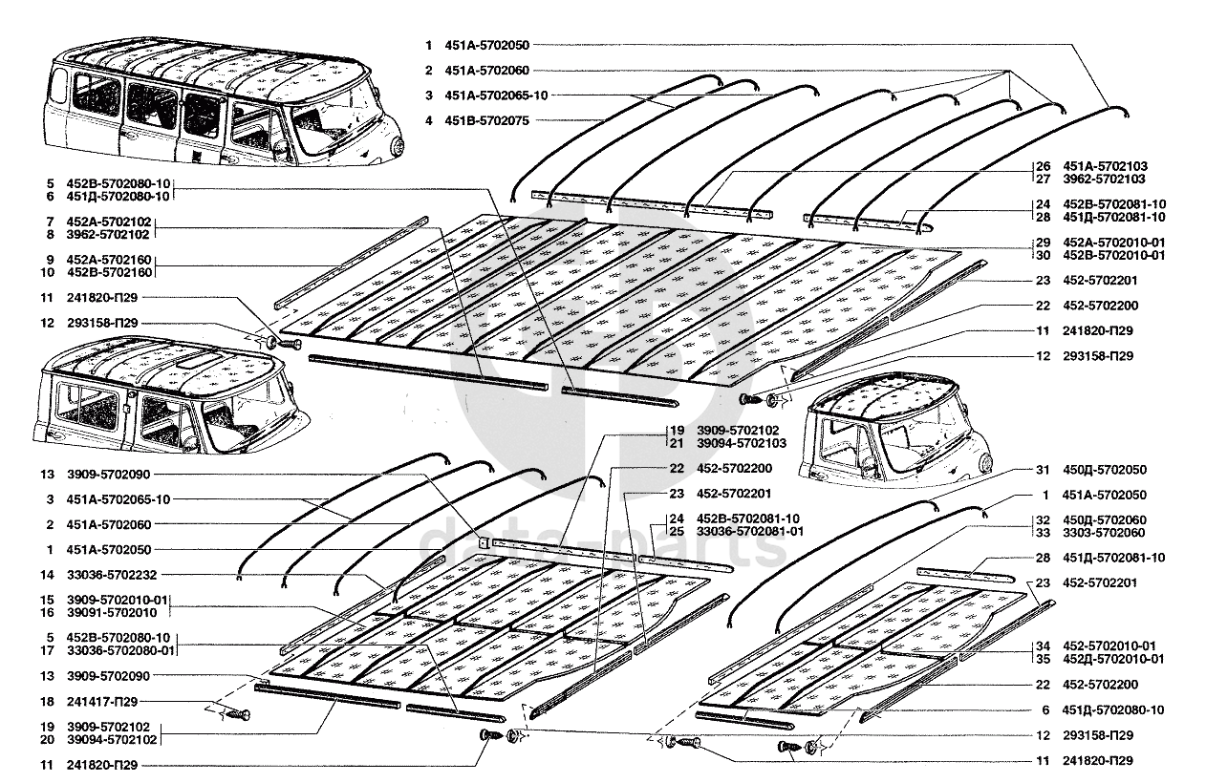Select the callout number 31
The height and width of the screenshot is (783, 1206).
1044,470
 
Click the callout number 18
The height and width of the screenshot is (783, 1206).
47,701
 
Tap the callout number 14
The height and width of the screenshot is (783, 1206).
47,575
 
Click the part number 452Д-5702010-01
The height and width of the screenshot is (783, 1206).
1113,659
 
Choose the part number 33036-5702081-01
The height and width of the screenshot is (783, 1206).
749,531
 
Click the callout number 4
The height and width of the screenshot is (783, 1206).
430,120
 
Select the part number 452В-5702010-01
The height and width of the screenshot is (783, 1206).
1113,255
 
